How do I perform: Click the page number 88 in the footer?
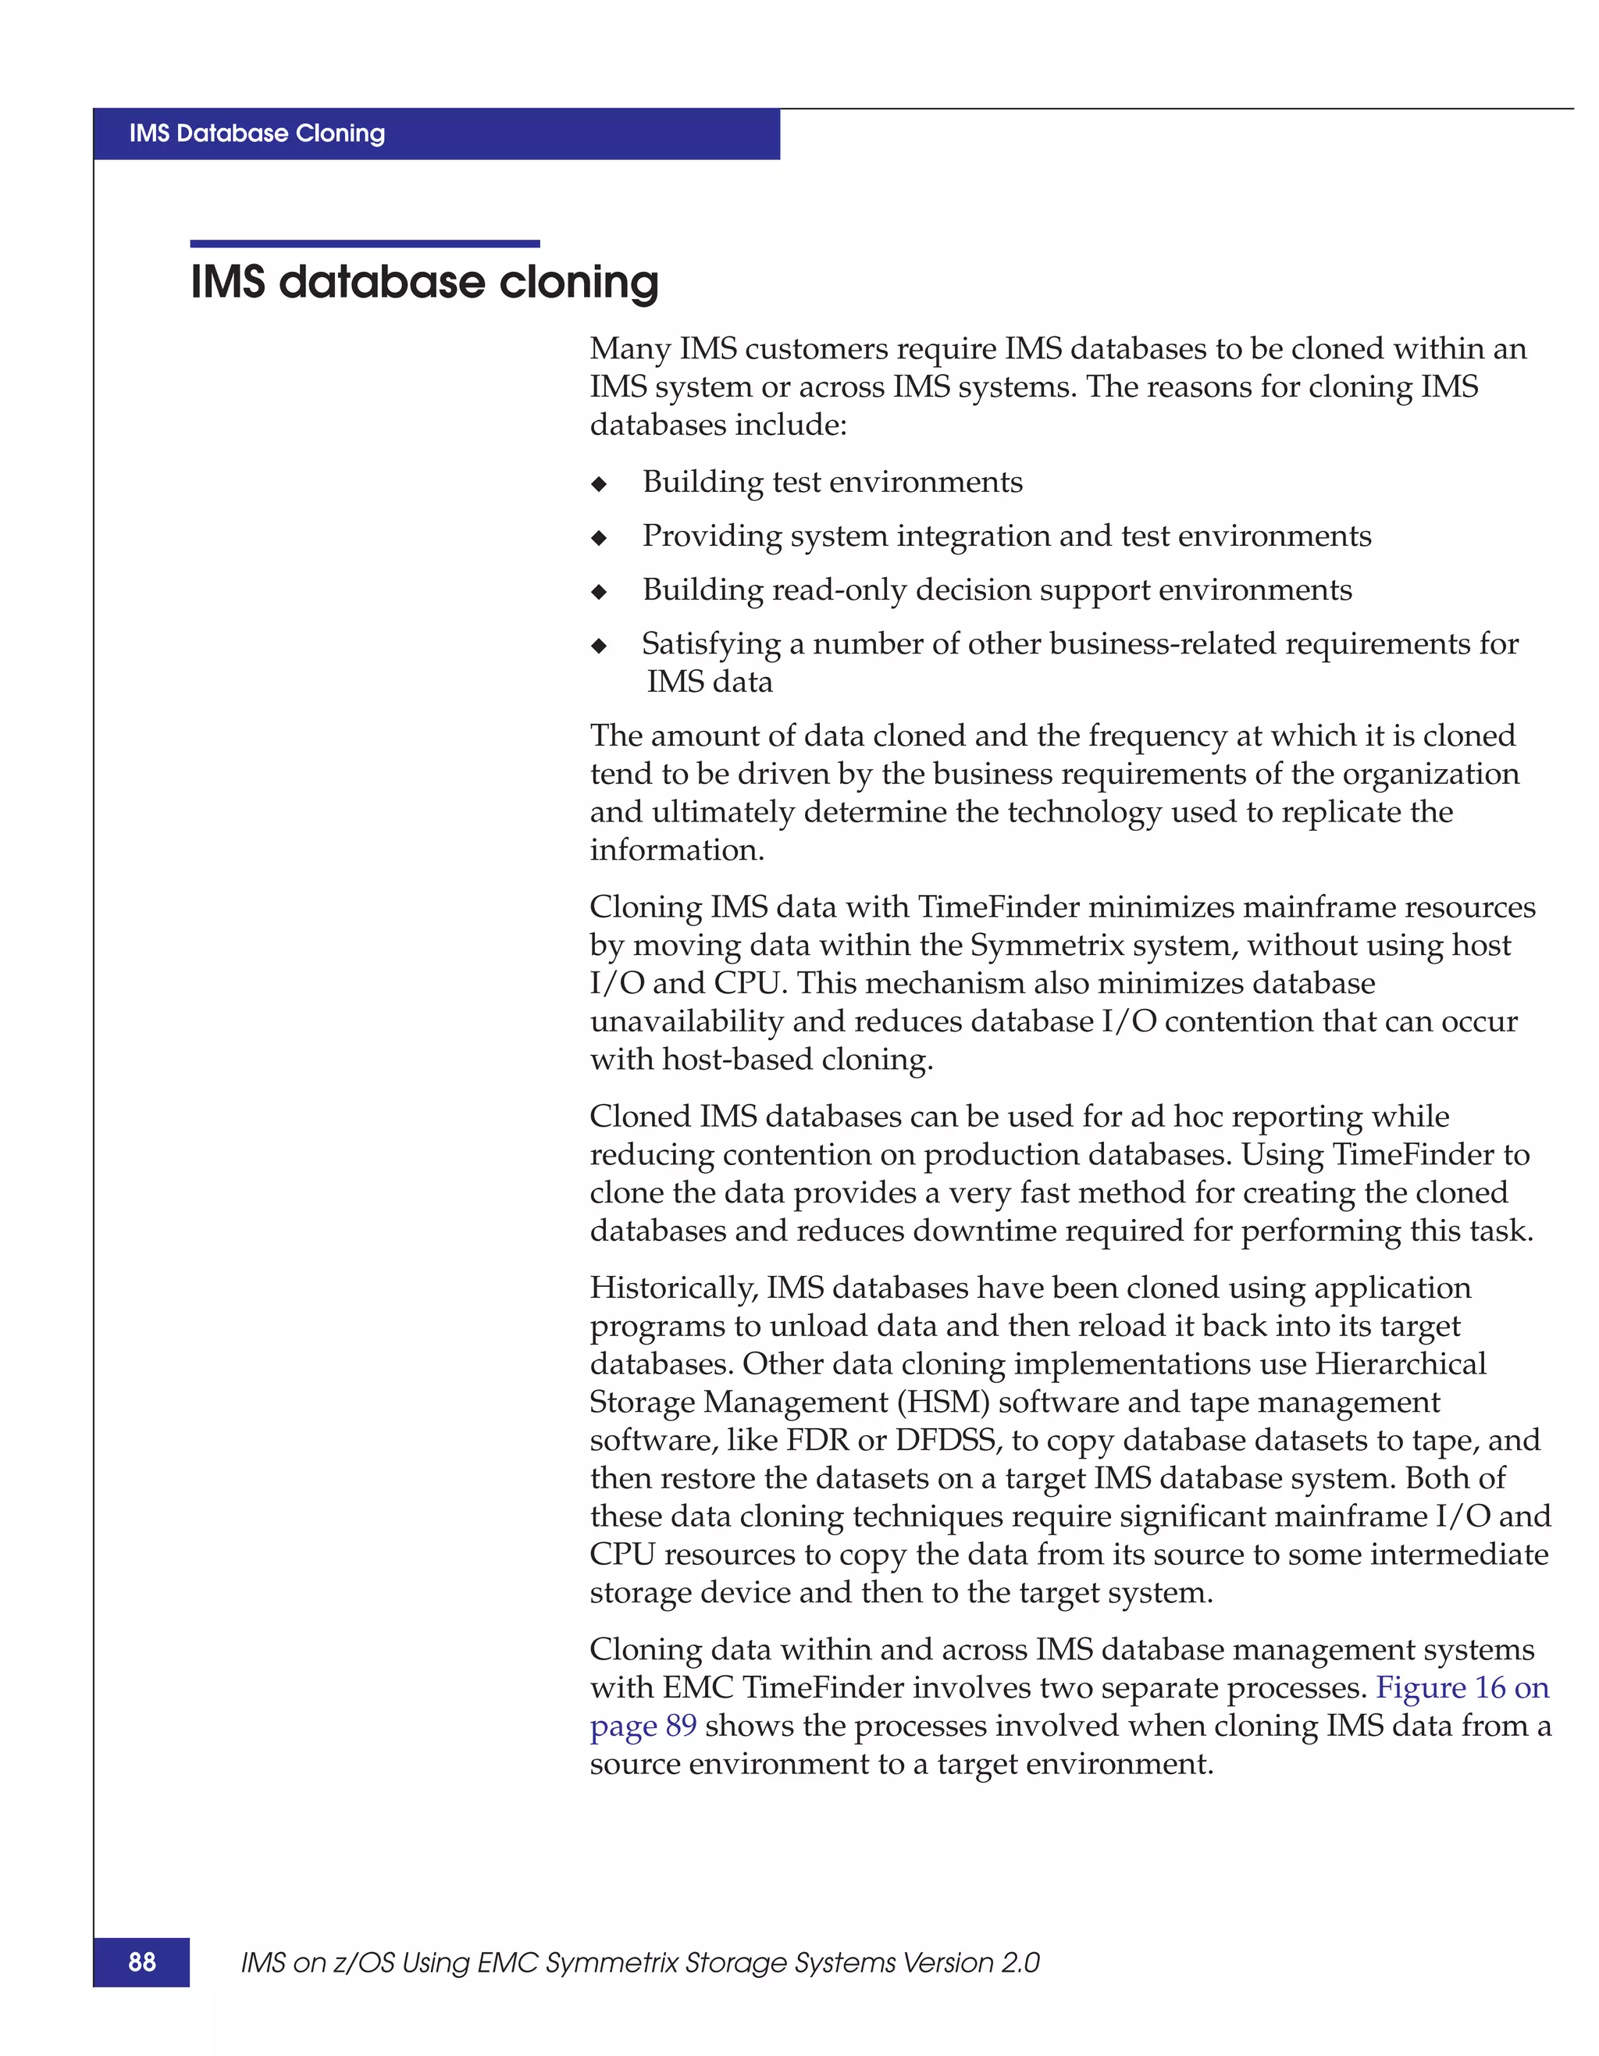coord(142,1962)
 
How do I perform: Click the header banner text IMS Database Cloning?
coord(257,134)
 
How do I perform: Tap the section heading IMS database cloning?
coord(425,283)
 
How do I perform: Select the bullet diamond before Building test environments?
coord(599,485)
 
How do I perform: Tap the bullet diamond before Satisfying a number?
coord(599,647)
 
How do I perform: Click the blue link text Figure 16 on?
coord(1462,1688)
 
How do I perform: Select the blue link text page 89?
coord(643,1726)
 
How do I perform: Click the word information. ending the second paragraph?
coord(677,851)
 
